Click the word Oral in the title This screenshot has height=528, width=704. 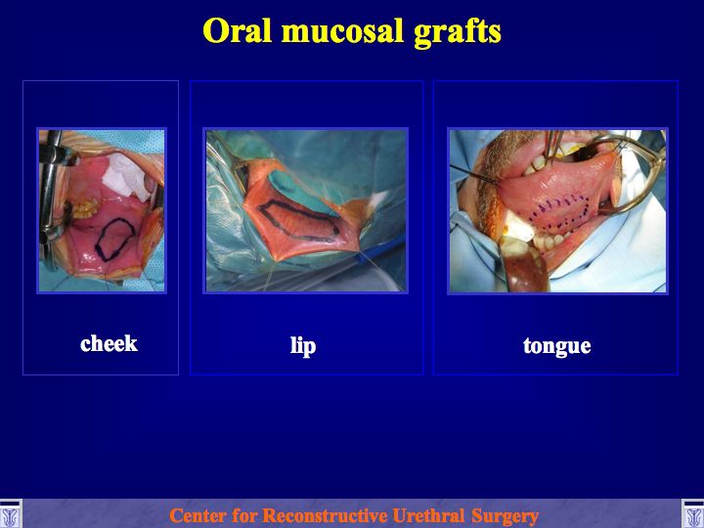click(237, 30)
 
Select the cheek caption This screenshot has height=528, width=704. click(109, 344)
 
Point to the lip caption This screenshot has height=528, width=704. click(303, 346)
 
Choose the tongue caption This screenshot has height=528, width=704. click(556, 346)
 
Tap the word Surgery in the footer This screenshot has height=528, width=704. click(505, 516)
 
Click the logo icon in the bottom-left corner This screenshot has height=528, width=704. click(11, 514)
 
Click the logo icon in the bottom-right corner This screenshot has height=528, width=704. click(693, 514)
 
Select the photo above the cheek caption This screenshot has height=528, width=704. click(102, 210)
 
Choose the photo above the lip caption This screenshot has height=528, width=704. click(306, 210)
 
